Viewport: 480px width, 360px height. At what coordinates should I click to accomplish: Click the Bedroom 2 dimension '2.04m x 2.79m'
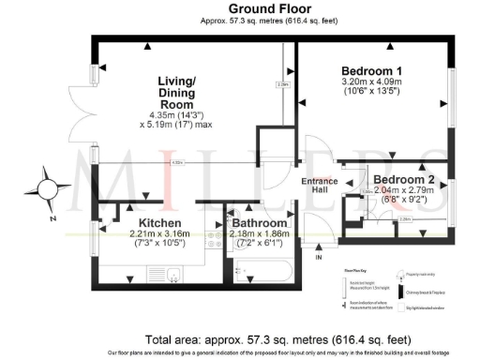coord(403,189)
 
